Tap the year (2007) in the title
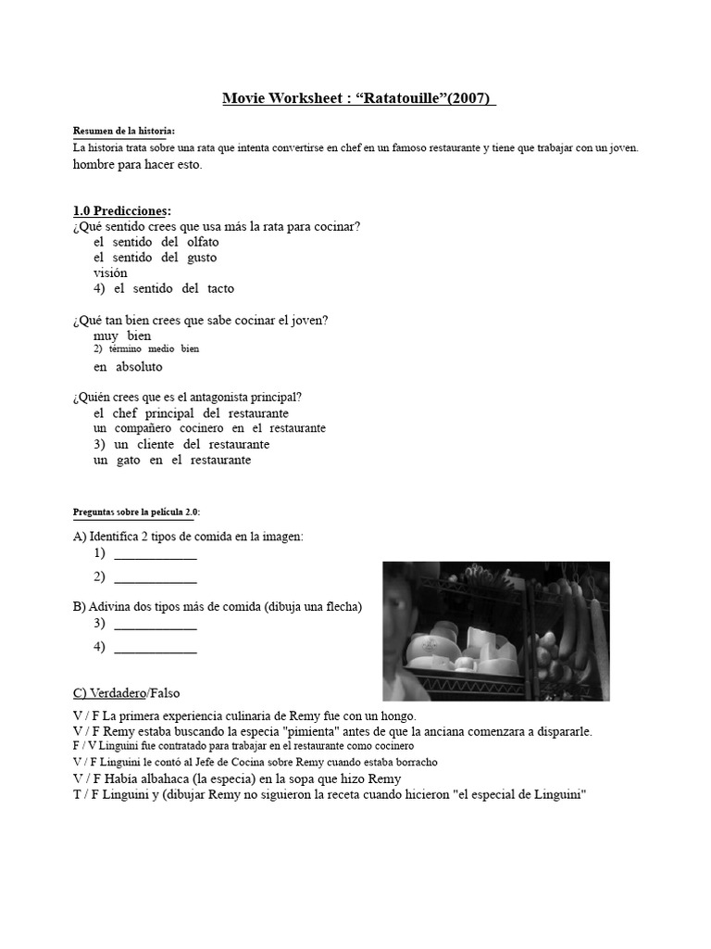470,98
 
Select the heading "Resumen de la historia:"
123,132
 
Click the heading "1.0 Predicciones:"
121,210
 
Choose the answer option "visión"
110,273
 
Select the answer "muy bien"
122,335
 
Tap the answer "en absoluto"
128,367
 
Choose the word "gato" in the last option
128,461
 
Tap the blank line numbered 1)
155,556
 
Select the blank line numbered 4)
155,650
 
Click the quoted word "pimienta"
313,731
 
